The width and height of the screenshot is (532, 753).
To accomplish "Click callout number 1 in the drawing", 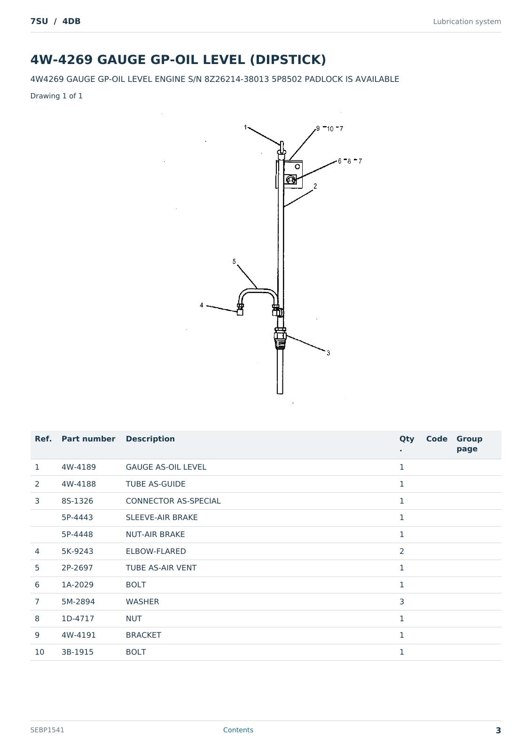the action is (x=245, y=127).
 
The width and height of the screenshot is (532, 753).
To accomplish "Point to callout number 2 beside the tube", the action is (x=315, y=186).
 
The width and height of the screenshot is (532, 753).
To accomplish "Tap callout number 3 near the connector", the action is (x=328, y=352).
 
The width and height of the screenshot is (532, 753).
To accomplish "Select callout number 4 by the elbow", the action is (x=202, y=305).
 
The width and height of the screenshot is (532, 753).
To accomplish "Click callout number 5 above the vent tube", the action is (x=234, y=261).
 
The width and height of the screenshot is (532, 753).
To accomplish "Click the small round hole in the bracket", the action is (x=297, y=167).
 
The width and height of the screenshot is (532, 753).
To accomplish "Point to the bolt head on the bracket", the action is (x=290, y=180).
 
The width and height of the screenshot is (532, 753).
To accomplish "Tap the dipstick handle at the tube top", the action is (x=282, y=148).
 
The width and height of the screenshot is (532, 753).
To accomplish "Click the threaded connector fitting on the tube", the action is (x=280, y=338).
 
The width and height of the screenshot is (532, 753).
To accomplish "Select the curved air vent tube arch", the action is (x=258, y=290).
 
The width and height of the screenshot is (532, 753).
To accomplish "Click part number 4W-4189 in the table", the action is (x=78, y=467).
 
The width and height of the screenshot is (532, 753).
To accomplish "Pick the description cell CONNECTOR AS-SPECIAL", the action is (x=173, y=501).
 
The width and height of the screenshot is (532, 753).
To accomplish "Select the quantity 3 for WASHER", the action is (x=401, y=602).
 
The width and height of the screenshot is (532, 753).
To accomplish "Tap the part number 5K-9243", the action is (x=77, y=551).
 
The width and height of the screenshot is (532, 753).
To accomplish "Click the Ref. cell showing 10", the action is (x=39, y=652).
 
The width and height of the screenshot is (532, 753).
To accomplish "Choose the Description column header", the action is (x=150, y=439).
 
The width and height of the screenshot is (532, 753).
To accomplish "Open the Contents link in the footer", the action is (x=238, y=730).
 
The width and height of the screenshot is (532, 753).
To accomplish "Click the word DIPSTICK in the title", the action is (x=288, y=59).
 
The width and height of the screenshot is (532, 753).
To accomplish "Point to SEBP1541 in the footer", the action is (x=47, y=730).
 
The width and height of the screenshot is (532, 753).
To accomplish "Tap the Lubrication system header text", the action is (x=467, y=22).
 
